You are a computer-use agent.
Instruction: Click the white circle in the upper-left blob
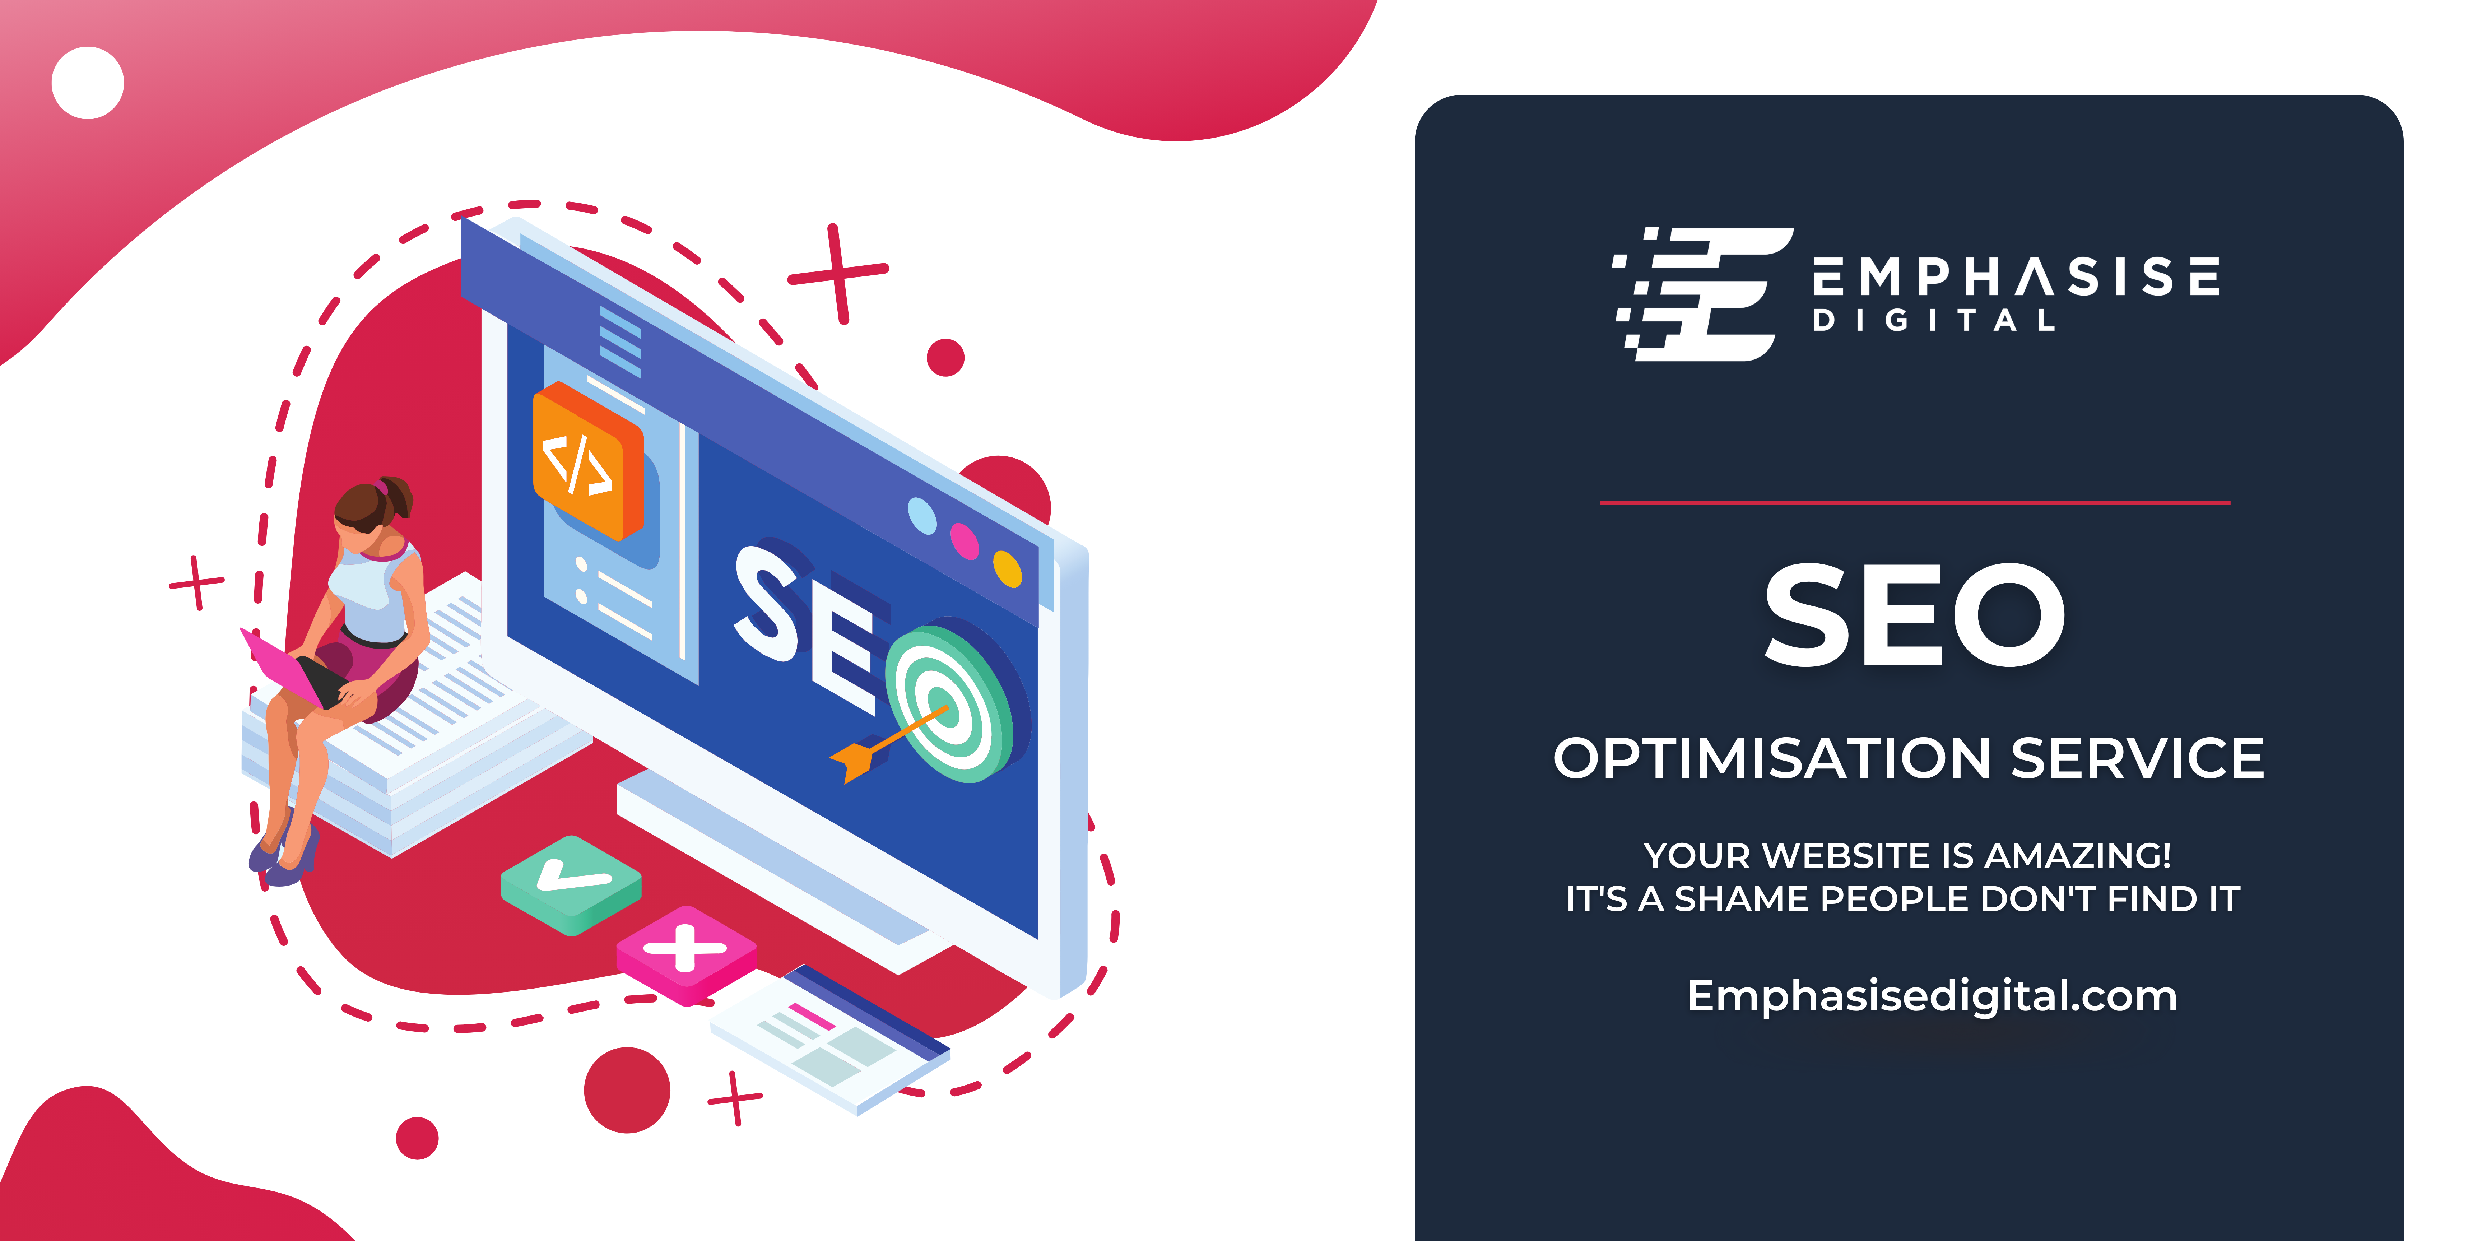pyautogui.click(x=88, y=83)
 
